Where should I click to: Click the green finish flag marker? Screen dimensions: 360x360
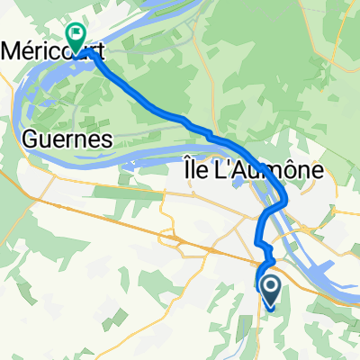(x=76, y=37)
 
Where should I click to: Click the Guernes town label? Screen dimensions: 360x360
(x=64, y=139)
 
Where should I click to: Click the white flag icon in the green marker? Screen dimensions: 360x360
(x=76, y=33)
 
